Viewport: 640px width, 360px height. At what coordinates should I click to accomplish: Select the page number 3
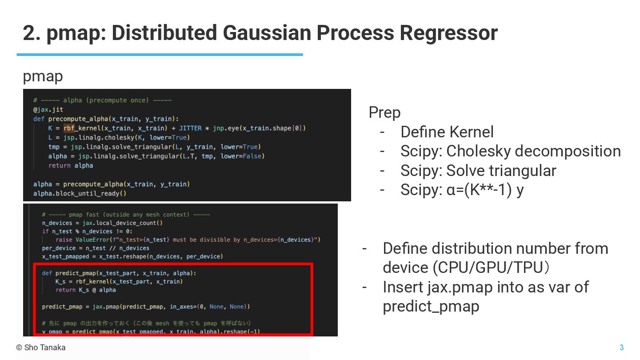tap(621, 348)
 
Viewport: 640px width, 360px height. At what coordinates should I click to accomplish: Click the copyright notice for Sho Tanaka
tap(41, 348)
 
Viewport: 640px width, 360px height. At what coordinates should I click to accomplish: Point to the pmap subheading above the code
tap(43, 76)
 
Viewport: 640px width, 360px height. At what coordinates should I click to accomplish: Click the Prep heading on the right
tap(384, 112)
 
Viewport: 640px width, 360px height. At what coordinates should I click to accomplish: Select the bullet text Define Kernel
tap(447, 132)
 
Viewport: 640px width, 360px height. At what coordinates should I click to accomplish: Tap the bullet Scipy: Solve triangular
tap(478, 171)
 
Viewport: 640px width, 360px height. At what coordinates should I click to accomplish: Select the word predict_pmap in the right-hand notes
tap(431, 307)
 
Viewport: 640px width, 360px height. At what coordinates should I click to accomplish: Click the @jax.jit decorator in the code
tap(48, 109)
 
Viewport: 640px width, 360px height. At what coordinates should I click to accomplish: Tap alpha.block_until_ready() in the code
tap(80, 193)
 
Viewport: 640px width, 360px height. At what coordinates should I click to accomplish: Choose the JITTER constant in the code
tap(190, 128)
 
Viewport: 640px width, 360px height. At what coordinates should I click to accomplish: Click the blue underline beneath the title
tap(160, 55)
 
